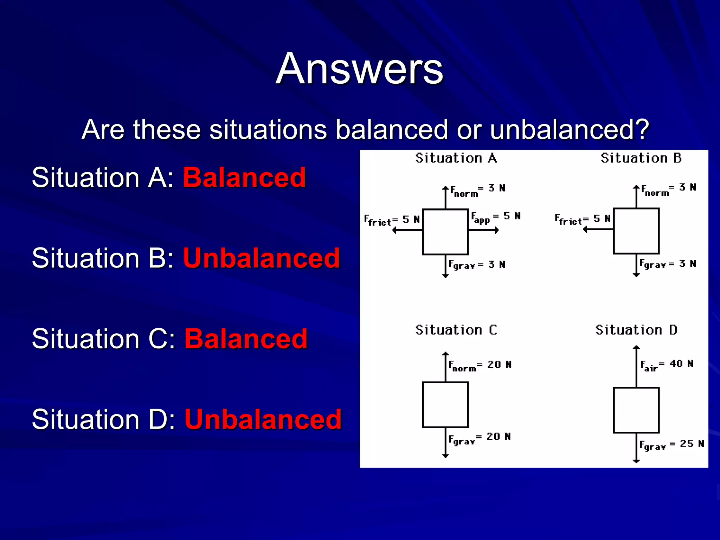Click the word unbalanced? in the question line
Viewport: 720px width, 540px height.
569,130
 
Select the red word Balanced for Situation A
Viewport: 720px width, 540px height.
244,178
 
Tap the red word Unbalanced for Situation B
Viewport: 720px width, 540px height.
262,258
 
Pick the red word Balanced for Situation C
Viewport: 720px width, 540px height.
246,339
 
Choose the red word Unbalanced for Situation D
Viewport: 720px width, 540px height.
263,419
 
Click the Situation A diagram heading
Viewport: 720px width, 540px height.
456,158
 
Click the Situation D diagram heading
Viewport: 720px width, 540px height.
636,330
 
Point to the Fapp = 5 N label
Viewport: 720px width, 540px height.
495,218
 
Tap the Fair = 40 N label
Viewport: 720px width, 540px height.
667,365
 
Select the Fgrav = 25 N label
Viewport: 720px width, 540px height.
671,445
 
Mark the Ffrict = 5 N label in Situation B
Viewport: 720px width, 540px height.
583,219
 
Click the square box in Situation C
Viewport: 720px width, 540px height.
445,405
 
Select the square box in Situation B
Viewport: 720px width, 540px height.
636,231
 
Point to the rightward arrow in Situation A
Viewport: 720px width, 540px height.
484,230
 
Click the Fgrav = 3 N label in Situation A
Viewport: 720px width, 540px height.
477,265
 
